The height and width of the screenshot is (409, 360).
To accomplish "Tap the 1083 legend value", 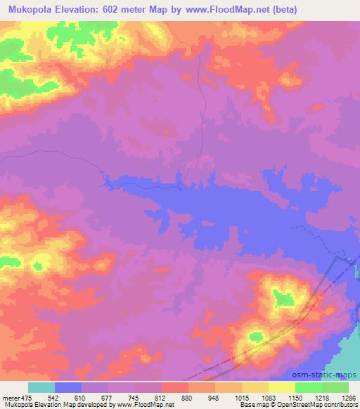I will pos(268,397).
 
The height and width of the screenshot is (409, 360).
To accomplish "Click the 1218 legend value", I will pos(321,397).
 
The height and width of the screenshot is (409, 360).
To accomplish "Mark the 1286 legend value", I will pos(348,397).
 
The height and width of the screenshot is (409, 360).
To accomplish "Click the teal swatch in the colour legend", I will pos(41,387).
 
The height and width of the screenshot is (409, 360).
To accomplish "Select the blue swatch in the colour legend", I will pos(68,387).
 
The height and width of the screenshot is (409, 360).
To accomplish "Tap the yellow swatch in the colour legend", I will pos(281,387).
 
